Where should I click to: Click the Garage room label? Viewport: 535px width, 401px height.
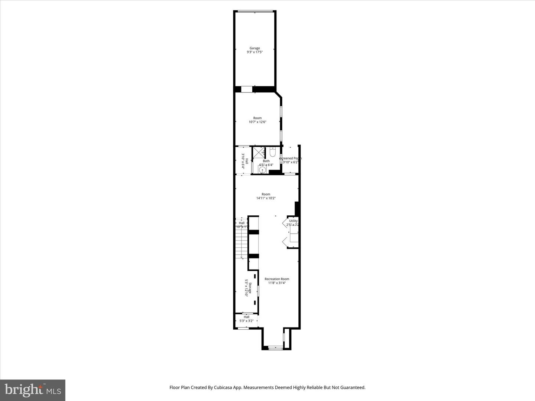254,48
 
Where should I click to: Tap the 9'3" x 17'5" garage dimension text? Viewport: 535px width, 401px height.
254,52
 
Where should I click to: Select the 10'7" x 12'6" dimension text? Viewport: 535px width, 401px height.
257,122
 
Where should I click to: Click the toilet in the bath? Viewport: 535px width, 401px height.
272,152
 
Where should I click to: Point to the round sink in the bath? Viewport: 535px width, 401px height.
262,170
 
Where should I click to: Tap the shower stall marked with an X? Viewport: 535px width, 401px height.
259,153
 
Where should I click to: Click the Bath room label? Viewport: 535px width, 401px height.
266,161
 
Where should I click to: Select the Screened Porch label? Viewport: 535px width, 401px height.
291,158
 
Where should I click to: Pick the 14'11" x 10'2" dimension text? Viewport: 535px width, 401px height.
266,198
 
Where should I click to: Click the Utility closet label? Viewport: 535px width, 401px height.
293,221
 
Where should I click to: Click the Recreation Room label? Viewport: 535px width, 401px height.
277,279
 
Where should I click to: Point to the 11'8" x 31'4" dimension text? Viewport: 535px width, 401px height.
277,283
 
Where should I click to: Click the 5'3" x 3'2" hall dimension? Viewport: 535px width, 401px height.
246,321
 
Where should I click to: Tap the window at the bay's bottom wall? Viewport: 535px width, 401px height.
275,348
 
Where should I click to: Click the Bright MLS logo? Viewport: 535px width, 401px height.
33,390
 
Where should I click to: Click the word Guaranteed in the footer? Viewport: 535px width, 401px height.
351,388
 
